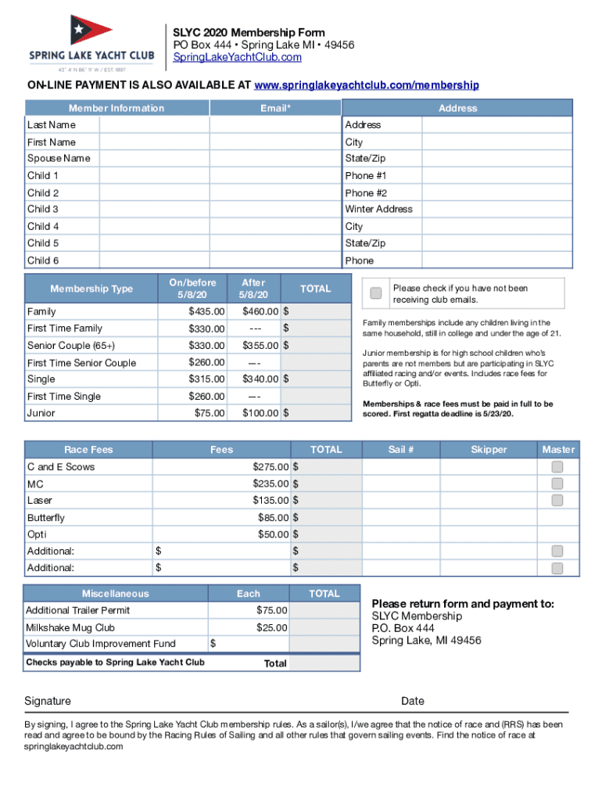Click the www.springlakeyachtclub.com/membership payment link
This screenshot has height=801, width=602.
tap(367, 84)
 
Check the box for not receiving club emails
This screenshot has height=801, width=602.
tap(376, 293)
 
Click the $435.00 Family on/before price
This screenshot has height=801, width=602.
tap(206, 311)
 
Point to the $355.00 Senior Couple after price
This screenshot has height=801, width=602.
tap(260, 345)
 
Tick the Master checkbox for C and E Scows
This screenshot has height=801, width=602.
tap(557, 466)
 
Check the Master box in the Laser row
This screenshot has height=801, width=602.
tap(557, 500)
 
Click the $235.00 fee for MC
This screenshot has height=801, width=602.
tap(271, 483)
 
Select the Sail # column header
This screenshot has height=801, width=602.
tap(401, 450)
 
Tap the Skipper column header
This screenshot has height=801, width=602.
tap(489, 450)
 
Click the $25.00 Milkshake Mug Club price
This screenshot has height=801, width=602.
tap(272, 627)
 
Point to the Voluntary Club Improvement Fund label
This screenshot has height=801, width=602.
tap(100, 644)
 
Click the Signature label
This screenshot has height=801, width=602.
tap(48, 701)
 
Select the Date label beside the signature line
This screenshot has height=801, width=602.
tap(412, 701)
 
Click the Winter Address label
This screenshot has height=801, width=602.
tap(379, 210)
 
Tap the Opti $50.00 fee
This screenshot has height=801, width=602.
tap(273, 534)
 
